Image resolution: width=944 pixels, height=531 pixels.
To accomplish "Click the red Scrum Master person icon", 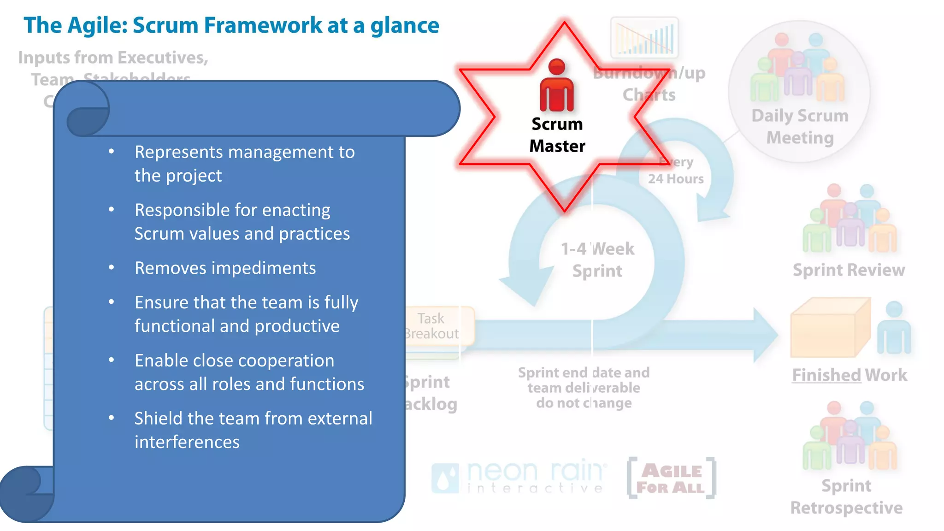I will click(x=557, y=86).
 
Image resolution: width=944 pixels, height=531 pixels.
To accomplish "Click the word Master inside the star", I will click(x=557, y=146).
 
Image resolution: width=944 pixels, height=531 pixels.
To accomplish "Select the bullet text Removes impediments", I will click(x=225, y=268).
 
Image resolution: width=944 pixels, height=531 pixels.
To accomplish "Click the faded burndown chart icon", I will click(x=644, y=37).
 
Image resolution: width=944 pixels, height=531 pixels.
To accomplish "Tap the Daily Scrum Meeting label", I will click(x=800, y=126).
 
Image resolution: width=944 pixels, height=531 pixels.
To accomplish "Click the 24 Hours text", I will click(x=675, y=179).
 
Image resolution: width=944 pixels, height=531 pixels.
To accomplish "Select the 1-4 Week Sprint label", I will click(x=597, y=260).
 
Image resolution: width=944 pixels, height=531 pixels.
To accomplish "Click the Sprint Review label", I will click(x=849, y=270).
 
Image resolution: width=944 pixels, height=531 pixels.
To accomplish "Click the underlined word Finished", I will click(x=826, y=375).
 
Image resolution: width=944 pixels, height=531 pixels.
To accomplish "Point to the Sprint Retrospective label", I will click(x=846, y=496).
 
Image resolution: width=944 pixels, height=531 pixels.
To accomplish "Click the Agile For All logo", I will click(x=672, y=478).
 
